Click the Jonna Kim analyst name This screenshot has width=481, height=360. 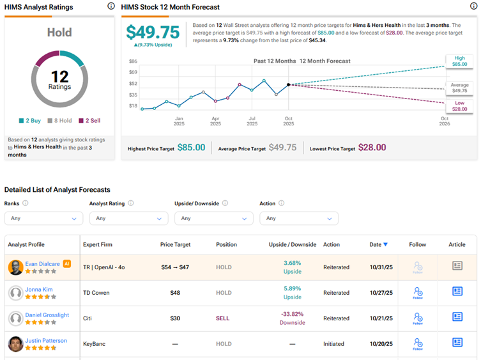tap(38, 290)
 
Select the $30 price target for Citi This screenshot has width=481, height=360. tap(174, 318)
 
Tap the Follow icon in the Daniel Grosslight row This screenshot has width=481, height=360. tap(418, 318)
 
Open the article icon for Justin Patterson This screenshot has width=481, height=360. tap(457, 343)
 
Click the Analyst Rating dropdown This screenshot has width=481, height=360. tap(128, 218)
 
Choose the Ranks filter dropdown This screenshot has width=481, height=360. tap(43, 218)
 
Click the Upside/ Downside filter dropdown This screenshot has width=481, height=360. tap(213, 218)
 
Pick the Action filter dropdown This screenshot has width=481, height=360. tap(298, 218)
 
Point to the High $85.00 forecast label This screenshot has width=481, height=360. tap(459, 61)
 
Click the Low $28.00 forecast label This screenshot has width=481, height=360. tap(459, 106)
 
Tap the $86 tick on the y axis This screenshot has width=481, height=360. tap(133, 61)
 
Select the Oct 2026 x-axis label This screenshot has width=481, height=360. tap(444, 121)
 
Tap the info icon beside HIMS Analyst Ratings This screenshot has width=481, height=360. tap(111, 6)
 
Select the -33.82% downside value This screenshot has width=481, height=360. tap(293, 314)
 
